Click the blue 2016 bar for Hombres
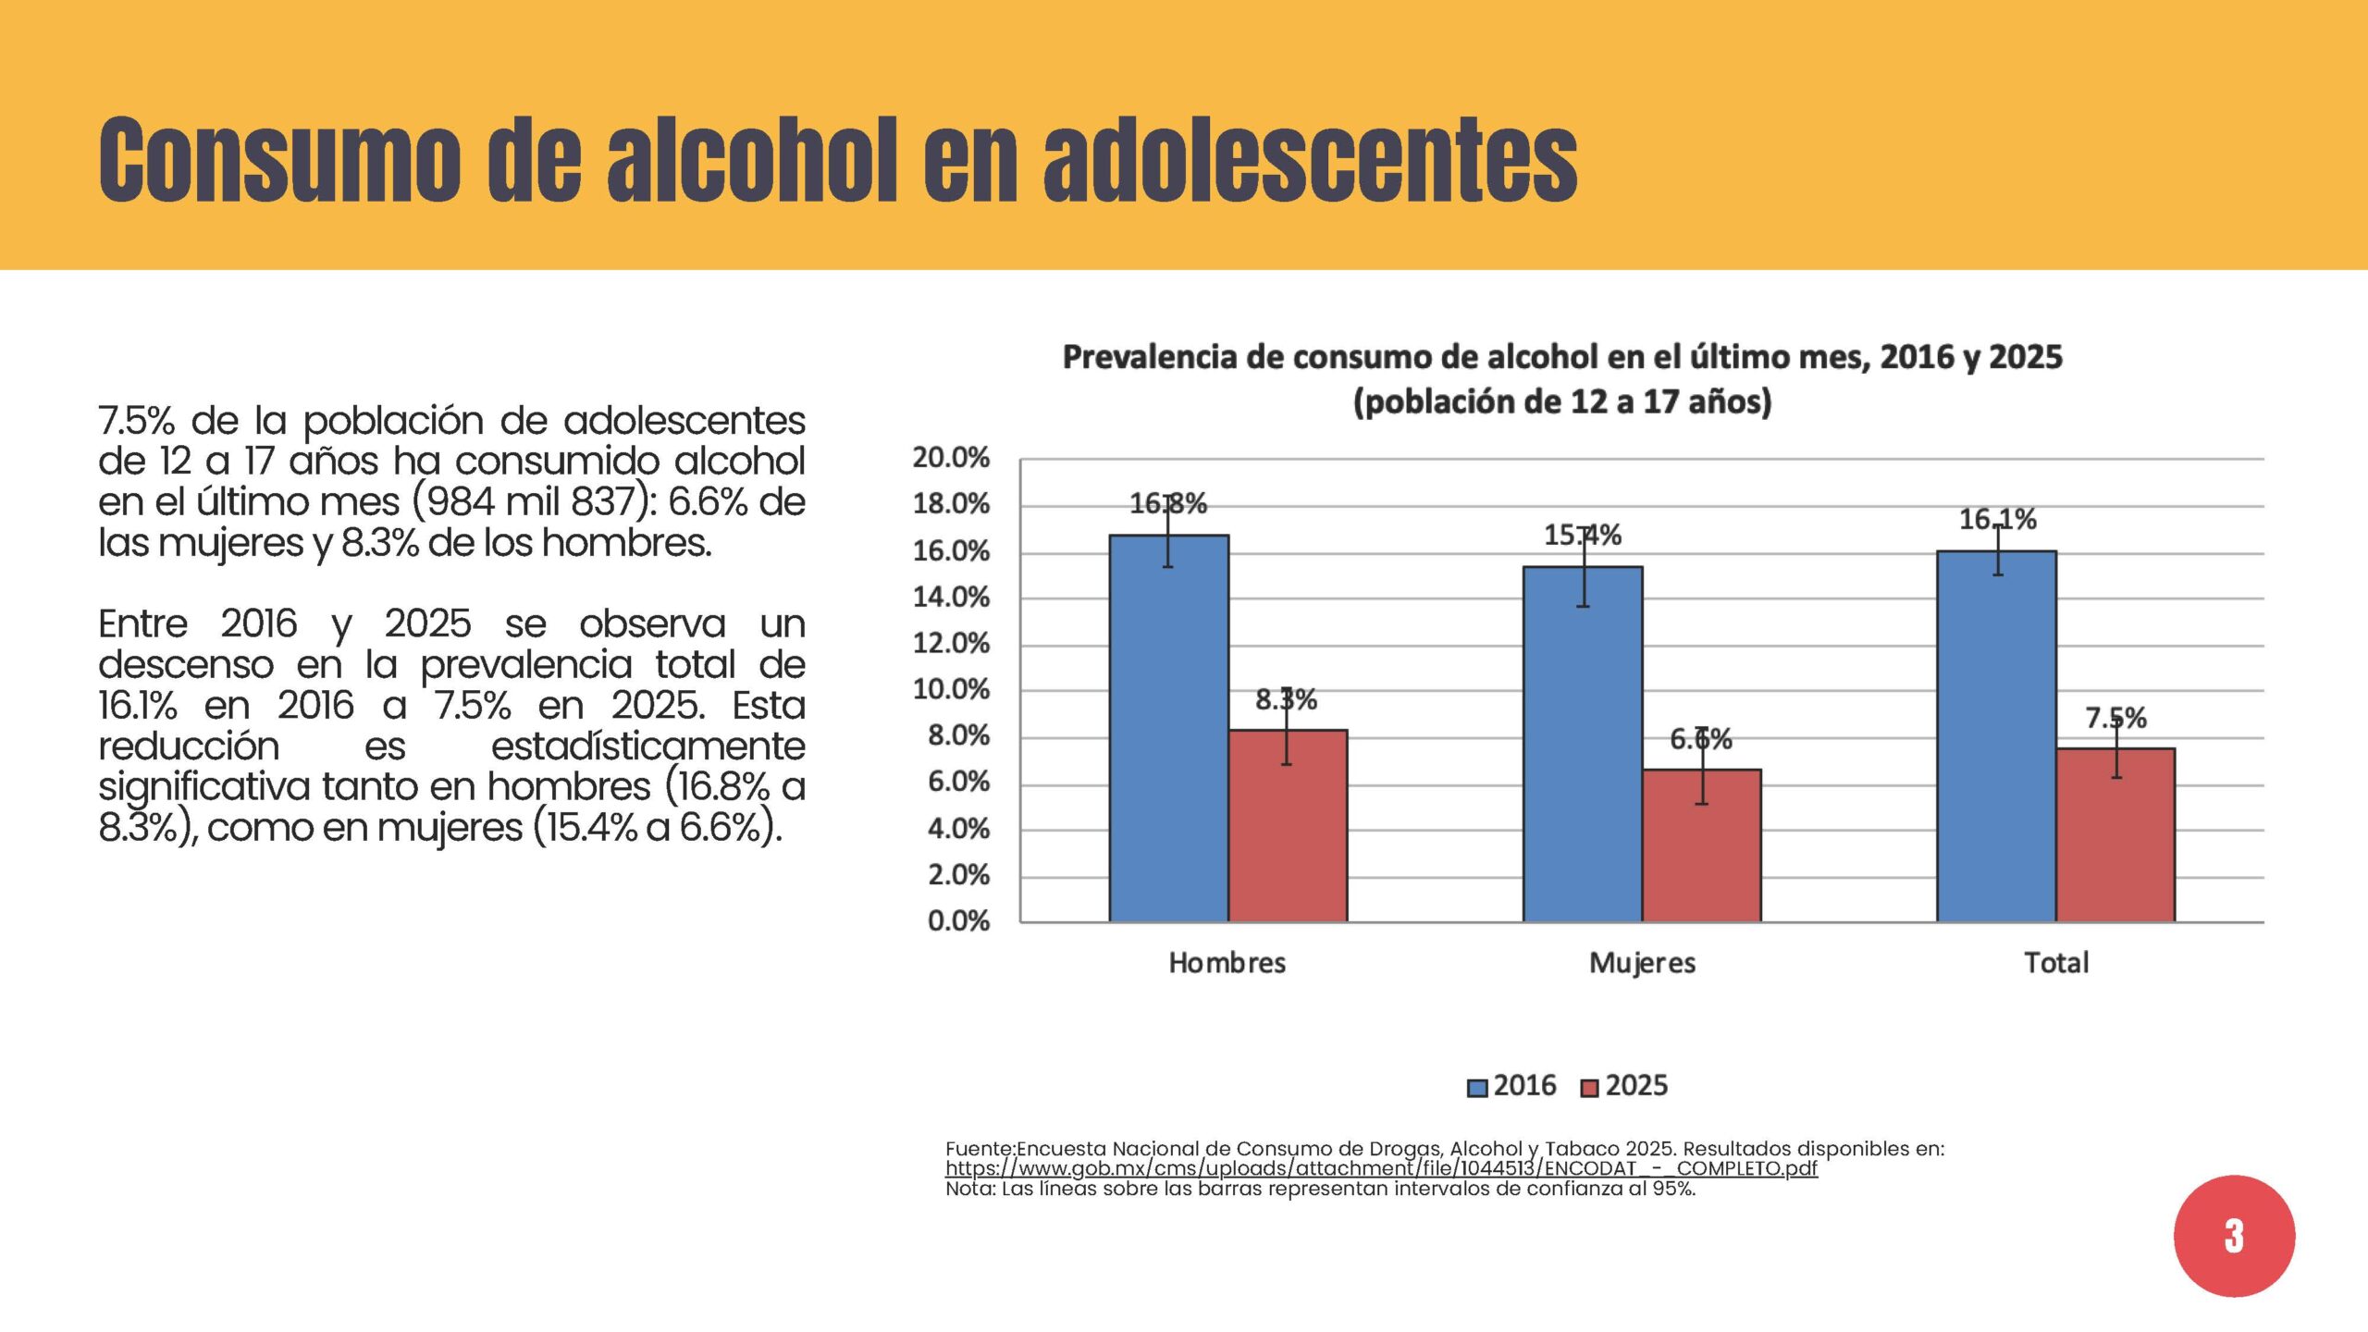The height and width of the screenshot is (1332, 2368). pyautogui.click(x=1169, y=728)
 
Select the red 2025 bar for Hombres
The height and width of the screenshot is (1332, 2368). pyautogui.click(x=1288, y=826)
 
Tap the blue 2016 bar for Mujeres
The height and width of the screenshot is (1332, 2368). pyautogui.click(x=1583, y=744)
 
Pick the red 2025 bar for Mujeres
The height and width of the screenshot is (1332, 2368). pyautogui.click(x=1702, y=845)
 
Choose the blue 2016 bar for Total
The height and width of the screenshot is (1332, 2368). pyautogui.click(x=1997, y=736)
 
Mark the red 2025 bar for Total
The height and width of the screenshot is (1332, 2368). pyautogui.click(x=2116, y=835)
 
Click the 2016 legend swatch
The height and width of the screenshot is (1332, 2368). pyautogui.click(x=1477, y=1088)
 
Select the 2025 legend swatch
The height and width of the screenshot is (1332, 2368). pyautogui.click(x=1590, y=1088)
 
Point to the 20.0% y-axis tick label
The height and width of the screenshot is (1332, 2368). pyautogui.click(x=951, y=458)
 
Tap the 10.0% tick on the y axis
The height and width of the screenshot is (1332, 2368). pyautogui.click(x=951, y=690)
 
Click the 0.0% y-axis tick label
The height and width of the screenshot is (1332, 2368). pyautogui.click(x=958, y=921)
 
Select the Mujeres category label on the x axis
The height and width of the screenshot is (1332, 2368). pyautogui.click(x=1643, y=964)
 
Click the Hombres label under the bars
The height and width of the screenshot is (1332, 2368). pyautogui.click(x=1227, y=963)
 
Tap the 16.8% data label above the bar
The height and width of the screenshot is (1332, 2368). pyautogui.click(x=1168, y=504)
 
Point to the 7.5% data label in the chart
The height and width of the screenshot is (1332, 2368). pyautogui.click(x=2116, y=718)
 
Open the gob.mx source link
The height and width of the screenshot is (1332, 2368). pyautogui.click(x=1381, y=1168)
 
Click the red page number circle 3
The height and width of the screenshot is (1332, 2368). pyautogui.click(x=2234, y=1236)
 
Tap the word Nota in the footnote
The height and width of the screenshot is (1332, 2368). pyautogui.click(x=968, y=1190)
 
